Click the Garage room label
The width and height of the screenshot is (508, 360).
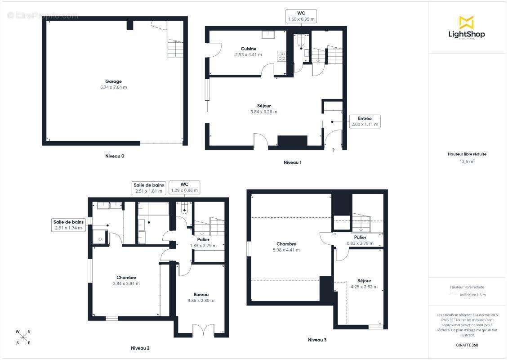[113, 81]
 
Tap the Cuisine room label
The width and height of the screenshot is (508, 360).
[249, 49]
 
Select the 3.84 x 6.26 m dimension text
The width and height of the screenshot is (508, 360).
[264, 112]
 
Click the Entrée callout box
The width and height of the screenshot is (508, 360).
[365, 121]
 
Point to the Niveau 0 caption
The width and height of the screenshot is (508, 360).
[115, 156]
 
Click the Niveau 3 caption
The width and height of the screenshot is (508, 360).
[317, 340]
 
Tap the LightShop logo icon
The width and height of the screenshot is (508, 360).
[467, 22]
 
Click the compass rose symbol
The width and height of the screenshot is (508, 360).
[23, 337]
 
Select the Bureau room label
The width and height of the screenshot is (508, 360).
[201, 294]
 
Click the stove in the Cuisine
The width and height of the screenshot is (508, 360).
[281, 56]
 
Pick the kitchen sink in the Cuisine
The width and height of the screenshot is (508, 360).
[268, 34]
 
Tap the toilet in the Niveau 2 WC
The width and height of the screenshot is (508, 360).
[184, 207]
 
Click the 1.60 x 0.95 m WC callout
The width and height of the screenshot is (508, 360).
[301, 16]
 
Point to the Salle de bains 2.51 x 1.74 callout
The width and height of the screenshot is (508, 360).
[68, 225]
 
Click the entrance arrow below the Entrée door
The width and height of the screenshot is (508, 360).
[333, 149]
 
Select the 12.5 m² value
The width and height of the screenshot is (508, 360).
[467, 161]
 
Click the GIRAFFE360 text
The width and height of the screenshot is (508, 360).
[467, 345]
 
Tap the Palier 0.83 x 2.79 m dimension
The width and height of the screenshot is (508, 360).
[360, 243]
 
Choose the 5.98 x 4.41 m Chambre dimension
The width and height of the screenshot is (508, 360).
[286, 250]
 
